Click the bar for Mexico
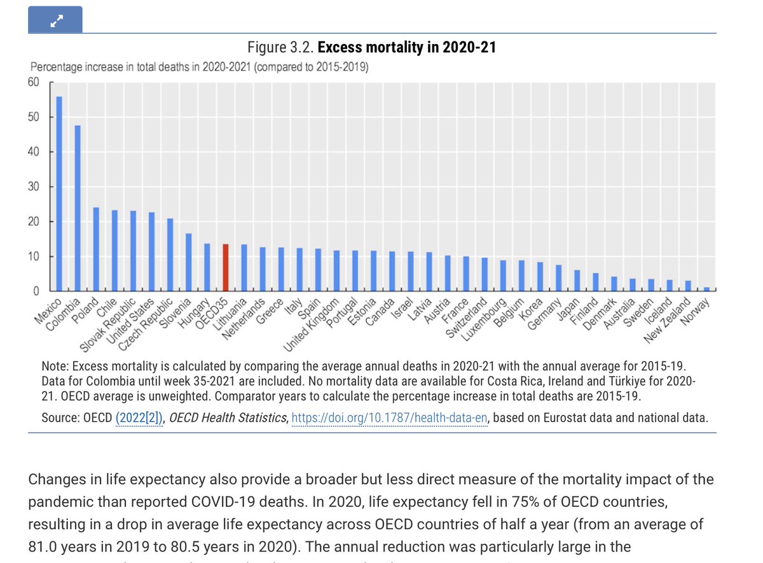tap(59, 194)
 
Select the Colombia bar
tap(78, 209)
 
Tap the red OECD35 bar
tap(225, 268)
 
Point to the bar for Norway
tap(706, 289)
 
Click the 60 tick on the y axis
tap(33, 82)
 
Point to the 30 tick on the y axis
tap(33, 187)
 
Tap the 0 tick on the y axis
tap(36, 291)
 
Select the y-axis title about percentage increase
tap(200, 67)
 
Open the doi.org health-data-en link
tap(389, 417)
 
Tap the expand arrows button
tap(55, 20)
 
